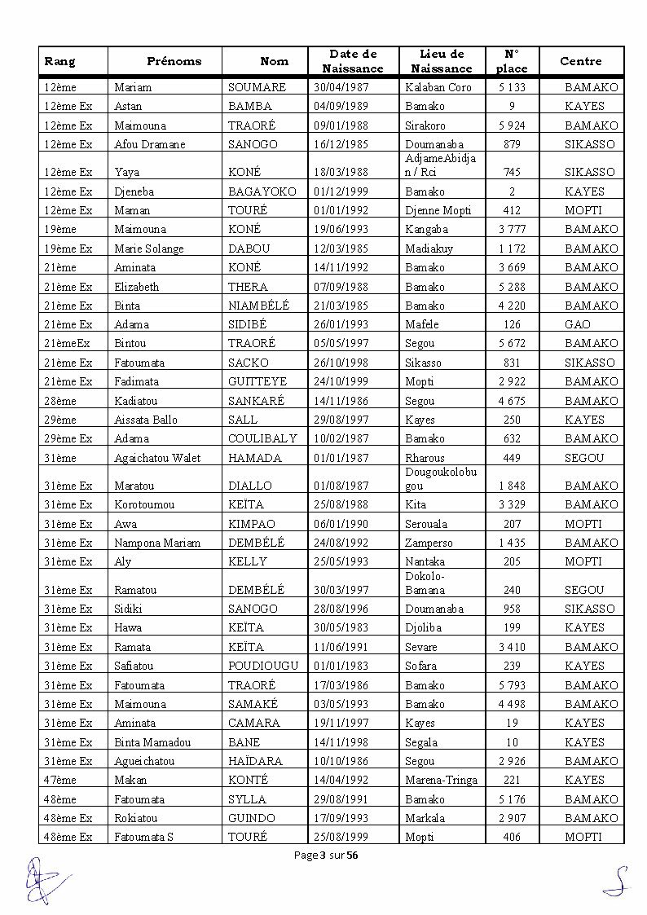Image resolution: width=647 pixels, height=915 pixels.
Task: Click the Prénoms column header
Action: tap(174, 61)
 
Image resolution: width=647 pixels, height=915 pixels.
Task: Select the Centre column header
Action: tap(580, 61)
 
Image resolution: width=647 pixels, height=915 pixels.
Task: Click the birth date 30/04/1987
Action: tap(341, 87)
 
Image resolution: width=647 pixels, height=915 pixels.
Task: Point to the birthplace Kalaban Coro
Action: tap(438, 87)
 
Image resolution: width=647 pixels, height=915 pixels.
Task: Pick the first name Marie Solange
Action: tap(149, 249)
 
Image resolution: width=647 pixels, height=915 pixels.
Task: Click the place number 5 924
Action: tap(512, 125)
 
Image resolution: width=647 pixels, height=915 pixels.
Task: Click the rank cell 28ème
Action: tap(60, 401)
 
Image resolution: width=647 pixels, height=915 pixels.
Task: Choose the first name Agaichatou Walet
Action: tap(157, 458)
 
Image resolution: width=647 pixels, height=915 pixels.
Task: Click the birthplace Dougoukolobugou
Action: tap(440, 478)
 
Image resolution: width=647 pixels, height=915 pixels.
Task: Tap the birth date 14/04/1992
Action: tap(341, 780)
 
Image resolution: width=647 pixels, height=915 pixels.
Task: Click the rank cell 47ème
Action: tap(60, 780)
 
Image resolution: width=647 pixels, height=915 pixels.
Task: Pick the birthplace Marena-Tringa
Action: tap(441, 780)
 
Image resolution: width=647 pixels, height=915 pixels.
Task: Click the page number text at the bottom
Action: tap(323, 855)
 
